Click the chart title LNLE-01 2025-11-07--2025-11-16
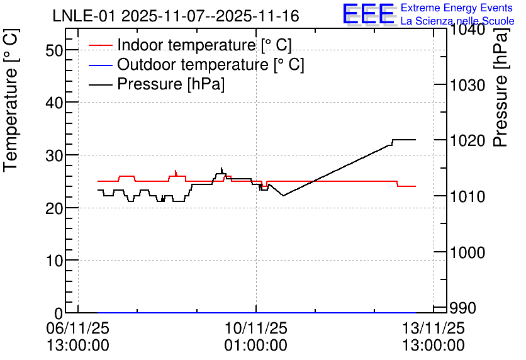pos(176,16)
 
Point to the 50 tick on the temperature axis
pos(54,50)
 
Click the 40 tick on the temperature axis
pos(54,103)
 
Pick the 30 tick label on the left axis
pos(54,155)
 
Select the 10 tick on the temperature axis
pos(54,261)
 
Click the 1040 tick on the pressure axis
pos(467,30)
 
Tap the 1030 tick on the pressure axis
pos(467,85)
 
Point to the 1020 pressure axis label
pos(467,140)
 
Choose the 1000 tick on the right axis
pos(467,252)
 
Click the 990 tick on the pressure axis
pos(462,308)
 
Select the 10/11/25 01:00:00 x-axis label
pos(255,337)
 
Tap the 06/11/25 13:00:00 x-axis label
pos(78,337)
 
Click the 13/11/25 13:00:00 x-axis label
pos(434,337)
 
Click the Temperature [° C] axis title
pos(11,100)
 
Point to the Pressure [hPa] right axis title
pos(500,88)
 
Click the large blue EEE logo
pos(369,14)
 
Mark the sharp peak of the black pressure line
pos(221,168)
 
